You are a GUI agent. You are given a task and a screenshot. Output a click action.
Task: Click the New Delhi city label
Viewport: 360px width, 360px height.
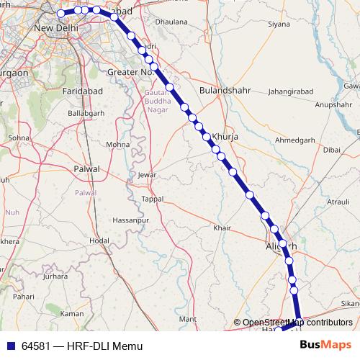point(56,28)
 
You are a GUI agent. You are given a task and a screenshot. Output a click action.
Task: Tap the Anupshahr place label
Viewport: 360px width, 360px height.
point(332,105)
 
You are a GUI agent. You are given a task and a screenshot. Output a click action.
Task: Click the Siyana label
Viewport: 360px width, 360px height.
point(279,24)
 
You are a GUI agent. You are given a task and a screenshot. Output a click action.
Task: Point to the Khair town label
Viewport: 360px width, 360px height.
point(222,228)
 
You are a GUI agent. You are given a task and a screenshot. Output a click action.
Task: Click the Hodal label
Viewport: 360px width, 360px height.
point(99,240)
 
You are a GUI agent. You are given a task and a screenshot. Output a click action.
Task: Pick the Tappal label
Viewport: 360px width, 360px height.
point(153,198)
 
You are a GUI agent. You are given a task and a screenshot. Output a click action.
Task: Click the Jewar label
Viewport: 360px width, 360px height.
point(147,175)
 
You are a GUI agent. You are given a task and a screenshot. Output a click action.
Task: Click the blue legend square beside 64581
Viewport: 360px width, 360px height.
point(10,346)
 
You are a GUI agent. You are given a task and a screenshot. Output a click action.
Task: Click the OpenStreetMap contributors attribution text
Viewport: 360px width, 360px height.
point(297,323)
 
